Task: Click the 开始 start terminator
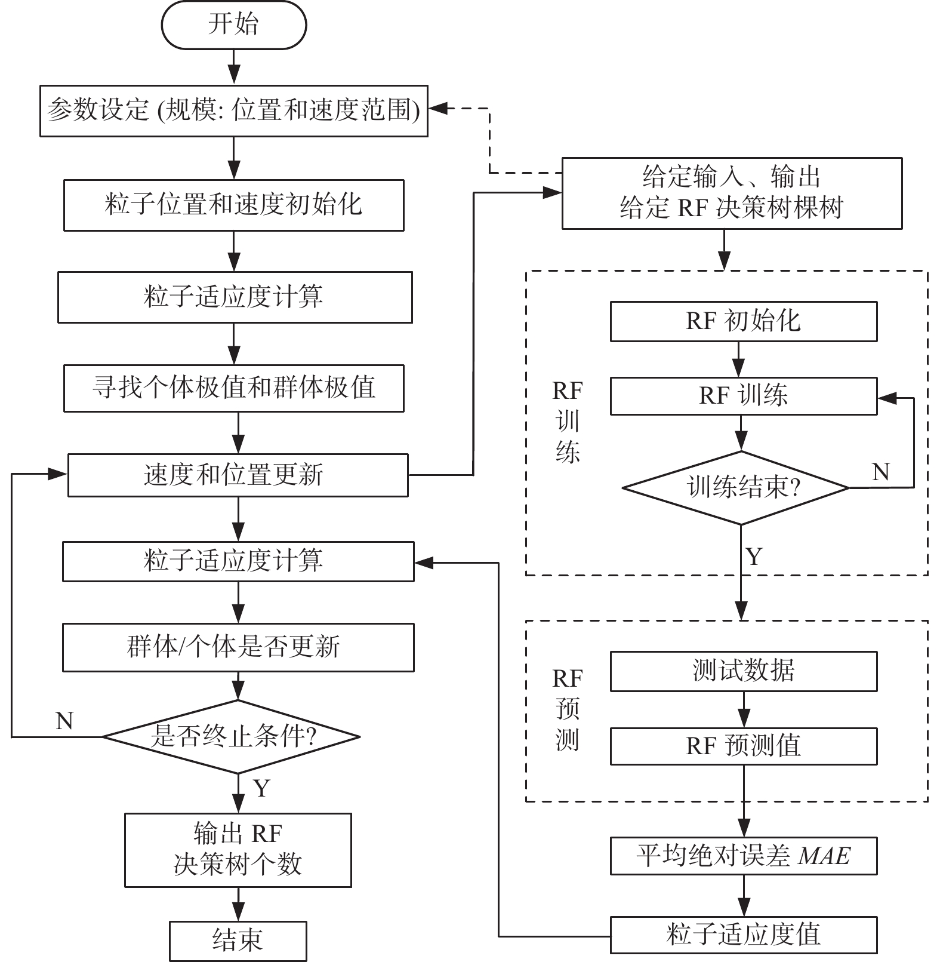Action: pos(233,25)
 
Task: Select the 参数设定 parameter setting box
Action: pos(233,110)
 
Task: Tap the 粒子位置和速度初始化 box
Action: pos(233,205)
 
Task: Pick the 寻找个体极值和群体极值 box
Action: pos(233,388)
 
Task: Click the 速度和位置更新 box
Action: pos(238,475)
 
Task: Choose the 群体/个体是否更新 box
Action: pos(238,647)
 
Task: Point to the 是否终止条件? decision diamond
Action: pos(232,736)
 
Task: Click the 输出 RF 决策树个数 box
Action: pos(238,849)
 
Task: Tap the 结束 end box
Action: pos(238,941)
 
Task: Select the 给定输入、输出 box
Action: pos(732,193)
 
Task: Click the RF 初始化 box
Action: pos(743,321)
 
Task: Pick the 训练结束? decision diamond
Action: pos(736,488)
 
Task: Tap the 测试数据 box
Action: pos(743,671)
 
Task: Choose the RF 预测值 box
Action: pos(743,746)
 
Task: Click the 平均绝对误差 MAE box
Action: pos(743,856)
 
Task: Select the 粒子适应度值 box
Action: pos(743,935)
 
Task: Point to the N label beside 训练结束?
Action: pos(881,472)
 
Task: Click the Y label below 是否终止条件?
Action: pos(261,788)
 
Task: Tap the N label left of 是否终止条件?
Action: pos(64,721)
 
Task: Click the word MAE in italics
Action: pos(824,856)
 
